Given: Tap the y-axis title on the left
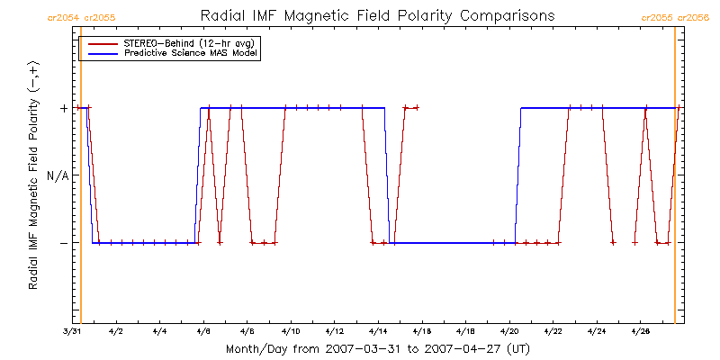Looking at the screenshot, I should (33, 175).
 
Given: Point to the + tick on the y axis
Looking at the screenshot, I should (64, 108).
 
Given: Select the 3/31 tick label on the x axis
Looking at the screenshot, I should (72, 332).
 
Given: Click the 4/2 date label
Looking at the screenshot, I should (116, 332).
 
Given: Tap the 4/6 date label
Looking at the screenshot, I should (203, 332).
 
